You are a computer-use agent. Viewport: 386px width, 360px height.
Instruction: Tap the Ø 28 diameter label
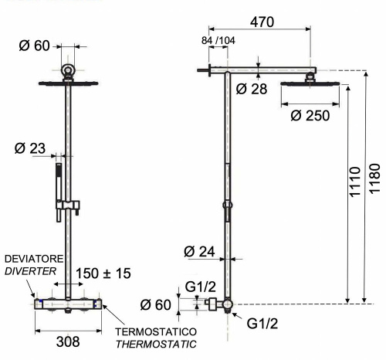252,89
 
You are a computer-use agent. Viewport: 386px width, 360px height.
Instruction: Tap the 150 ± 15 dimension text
104,272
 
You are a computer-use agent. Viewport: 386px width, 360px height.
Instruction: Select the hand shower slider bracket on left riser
68,205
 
